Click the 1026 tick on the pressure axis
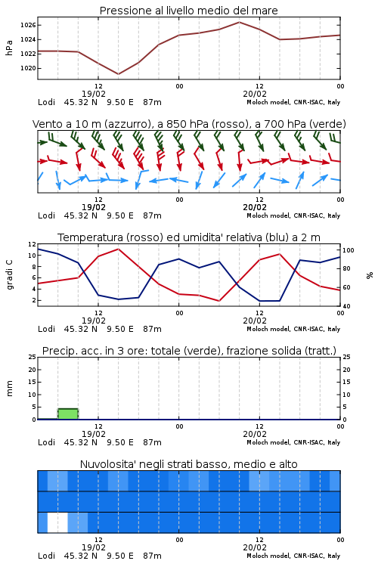click(28, 25)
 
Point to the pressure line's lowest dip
click(118, 74)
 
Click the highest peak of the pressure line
click(240, 22)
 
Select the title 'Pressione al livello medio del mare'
click(189, 11)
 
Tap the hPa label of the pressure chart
click(9, 48)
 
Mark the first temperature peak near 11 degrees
click(118, 249)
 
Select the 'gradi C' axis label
click(9, 274)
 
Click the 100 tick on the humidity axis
click(349, 250)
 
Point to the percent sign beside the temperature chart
click(370, 275)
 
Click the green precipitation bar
click(68, 414)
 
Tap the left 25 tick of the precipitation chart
click(33, 357)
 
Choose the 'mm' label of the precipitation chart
click(9, 389)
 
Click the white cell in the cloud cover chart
click(57, 522)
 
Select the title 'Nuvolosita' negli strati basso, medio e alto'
click(189, 464)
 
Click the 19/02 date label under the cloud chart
click(94, 547)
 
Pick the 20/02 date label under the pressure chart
click(255, 94)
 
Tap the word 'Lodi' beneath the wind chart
click(46, 215)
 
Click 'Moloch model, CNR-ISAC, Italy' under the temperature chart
click(293, 329)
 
